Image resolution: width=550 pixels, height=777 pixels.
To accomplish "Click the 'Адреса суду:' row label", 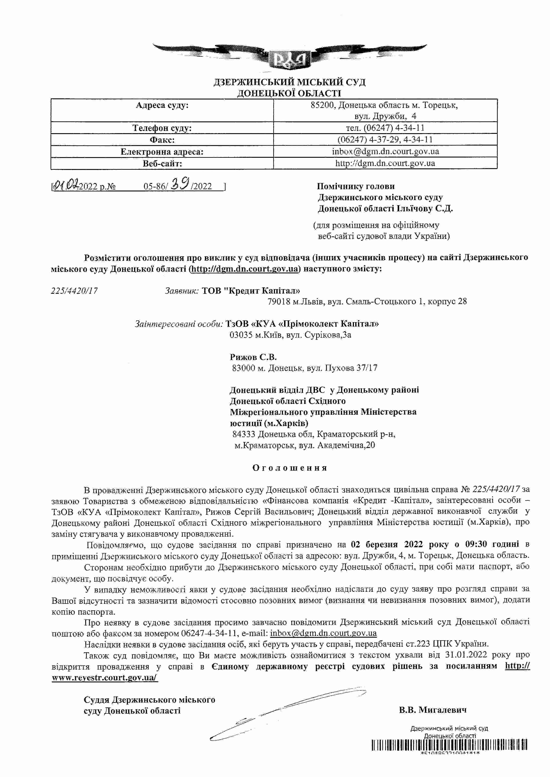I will click(x=162, y=105).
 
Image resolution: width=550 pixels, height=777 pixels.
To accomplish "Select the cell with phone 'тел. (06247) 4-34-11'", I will click(x=385, y=128).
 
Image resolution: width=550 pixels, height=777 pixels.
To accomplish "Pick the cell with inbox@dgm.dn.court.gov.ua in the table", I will click(x=385, y=152).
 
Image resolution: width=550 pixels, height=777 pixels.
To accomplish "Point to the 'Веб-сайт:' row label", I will click(x=162, y=164).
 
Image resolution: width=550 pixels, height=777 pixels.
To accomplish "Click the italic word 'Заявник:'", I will click(x=182, y=291).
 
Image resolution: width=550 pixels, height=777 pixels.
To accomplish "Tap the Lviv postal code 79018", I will click(x=279, y=302).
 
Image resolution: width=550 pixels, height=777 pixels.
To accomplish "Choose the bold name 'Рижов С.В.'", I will click(x=253, y=357).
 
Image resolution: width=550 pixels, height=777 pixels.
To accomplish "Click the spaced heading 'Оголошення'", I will click(x=290, y=468).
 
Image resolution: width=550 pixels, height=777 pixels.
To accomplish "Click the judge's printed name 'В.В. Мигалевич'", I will click(x=432, y=710).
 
